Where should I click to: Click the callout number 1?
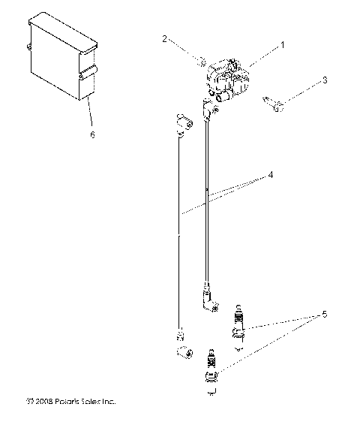283,45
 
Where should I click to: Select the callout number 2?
164,38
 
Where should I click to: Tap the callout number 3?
325,80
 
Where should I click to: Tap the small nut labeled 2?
202,60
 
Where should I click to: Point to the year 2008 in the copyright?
43,402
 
